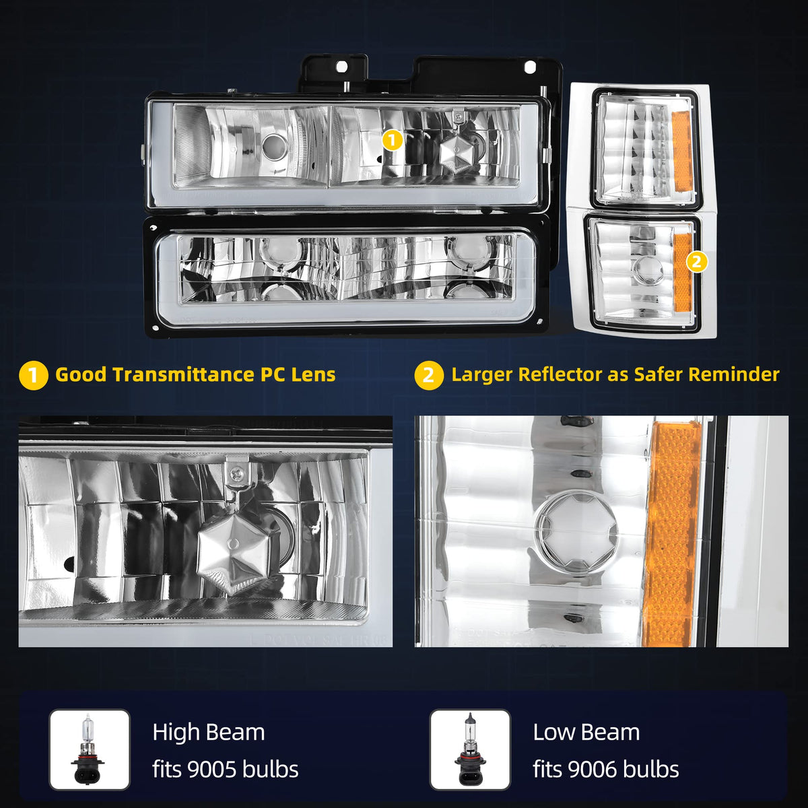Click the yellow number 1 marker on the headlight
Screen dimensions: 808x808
pyautogui.click(x=393, y=141)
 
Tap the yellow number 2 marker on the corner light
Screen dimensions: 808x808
pyautogui.click(x=697, y=262)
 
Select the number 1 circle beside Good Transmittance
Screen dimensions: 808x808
pyautogui.click(x=34, y=376)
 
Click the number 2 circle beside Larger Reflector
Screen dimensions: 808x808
pyautogui.click(x=429, y=376)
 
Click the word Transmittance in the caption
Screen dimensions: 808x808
pyautogui.click(x=183, y=374)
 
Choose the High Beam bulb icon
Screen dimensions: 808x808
pyautogui.click(x=90, y=749)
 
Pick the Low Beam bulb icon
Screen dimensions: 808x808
pyautogui.click(x=470, y=749)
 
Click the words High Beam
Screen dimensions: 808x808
pyautogui.click(x=209, y=733)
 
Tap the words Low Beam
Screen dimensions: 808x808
pyautogui.click(x=586, y=733)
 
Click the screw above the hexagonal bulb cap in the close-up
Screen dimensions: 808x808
pyautogui.click(x=236, y=474)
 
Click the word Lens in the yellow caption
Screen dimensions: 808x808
pyautogui.click(x=313, y=374)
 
